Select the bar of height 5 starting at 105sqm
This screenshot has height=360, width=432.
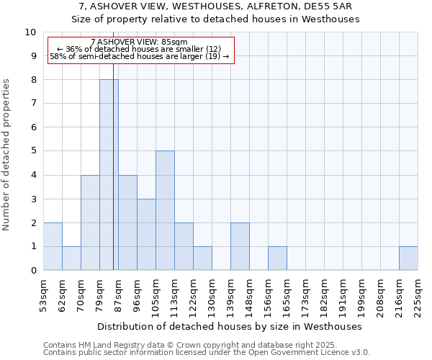pyautogui.click(x=165, y=210)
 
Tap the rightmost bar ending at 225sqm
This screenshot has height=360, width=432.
pyautogui.click(x=408, y=258)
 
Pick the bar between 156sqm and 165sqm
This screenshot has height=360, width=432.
pyautogui.click(x=277, y=258)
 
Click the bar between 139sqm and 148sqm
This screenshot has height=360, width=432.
pyautogui.click(x=240, y=246)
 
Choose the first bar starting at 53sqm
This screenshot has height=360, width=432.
pyautogui.click(x=53, y=246)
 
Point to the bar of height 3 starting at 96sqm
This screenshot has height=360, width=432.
pyautogui.click(x=146, y=234)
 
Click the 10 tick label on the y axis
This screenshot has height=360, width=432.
pyautogui.click(x=30, y=32)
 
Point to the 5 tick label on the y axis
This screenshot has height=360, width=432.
pyautogui.click(x=33, y=151)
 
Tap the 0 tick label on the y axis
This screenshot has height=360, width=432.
pyautogui.click(x=33, y=271)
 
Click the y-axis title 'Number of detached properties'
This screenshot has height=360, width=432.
pyautogui.click(x=7, y=155)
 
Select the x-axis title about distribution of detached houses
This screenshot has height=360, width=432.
pyautogui.click(x=230, y=326)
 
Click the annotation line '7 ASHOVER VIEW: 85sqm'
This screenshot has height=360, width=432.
pyautogui.click(x=140, y=42)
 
